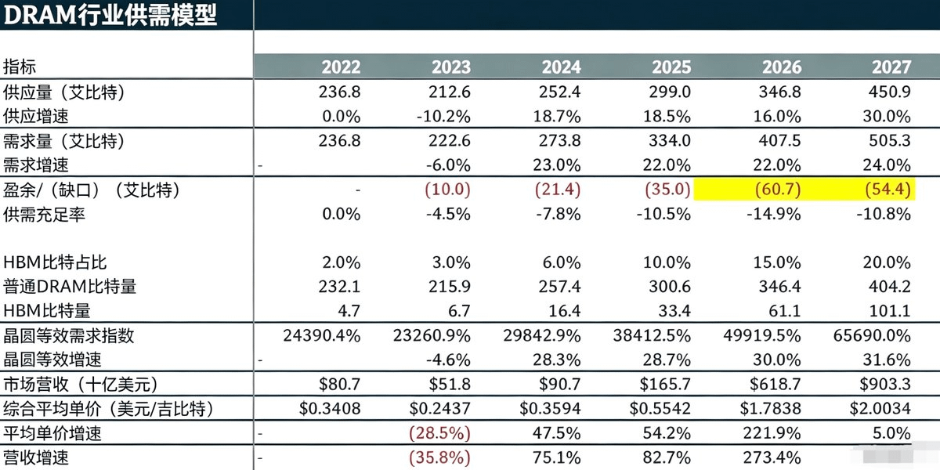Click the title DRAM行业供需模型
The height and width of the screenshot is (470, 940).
[110, 15]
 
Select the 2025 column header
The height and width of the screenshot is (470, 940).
[671, 67]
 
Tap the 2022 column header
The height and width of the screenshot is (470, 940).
[342, 67]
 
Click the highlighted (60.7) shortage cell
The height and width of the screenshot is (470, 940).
[778, 190]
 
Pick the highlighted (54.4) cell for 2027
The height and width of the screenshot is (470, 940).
[888, 190]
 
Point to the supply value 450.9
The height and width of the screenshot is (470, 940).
[890, 92]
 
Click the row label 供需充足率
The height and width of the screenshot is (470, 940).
[44, 215]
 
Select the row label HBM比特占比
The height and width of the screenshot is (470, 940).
[55, 262]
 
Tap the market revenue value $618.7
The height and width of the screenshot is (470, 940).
[775, 384]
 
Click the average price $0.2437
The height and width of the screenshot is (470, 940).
[439, 408]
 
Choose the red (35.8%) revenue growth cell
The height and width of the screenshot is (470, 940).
[439, 457]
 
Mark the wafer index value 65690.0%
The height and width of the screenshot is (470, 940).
[872, 336]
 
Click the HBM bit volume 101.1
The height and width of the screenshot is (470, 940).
[890, 311]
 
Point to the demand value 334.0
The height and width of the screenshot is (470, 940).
[670, 140]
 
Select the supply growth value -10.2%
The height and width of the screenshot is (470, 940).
[443, 116]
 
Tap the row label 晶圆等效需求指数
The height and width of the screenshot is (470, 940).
[69, 336]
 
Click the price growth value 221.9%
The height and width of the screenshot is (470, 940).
[772, 432]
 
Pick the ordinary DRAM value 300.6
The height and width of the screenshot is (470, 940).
[670, 287]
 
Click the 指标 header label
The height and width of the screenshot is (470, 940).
[20, 67]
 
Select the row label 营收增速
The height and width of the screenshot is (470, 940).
[36, 457]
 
